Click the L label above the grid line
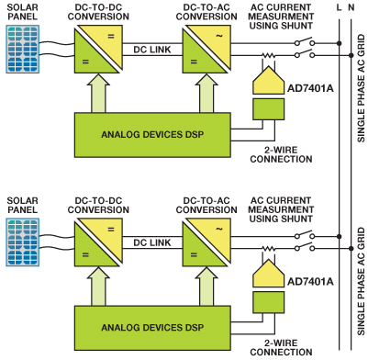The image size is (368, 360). (x=339, y=7)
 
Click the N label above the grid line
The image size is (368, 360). (x=351, y=7)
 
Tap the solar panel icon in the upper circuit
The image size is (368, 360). (x=23, y=49)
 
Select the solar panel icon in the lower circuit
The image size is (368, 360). (x=23, y=242)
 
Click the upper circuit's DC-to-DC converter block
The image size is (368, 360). (x=98, y=50)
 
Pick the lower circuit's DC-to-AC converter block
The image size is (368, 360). (x=206, y=242)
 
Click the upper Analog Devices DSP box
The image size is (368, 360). (x=152, y=135)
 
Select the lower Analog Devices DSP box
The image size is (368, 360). (x=152, y=328)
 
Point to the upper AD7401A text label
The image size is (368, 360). (x=310, y=88)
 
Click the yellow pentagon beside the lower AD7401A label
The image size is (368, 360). (x=268, y=274)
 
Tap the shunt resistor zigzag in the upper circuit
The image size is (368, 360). (x=268, y=55)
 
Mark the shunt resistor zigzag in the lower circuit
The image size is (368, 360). (x=268, y=248)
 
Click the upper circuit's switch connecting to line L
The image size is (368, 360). (x=305, y=42)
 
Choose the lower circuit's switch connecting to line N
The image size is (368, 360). (x=305, y=247)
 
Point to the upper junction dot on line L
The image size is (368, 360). (x=339, y=43)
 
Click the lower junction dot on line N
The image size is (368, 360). (x=351, y=248)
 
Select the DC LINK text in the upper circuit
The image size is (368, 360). (x=152, y=50)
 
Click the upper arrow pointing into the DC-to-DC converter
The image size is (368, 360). (x=98, y=93)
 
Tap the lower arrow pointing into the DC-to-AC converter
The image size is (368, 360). (x=206, y=286)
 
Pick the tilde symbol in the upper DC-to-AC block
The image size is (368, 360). (x=219, y=36)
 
